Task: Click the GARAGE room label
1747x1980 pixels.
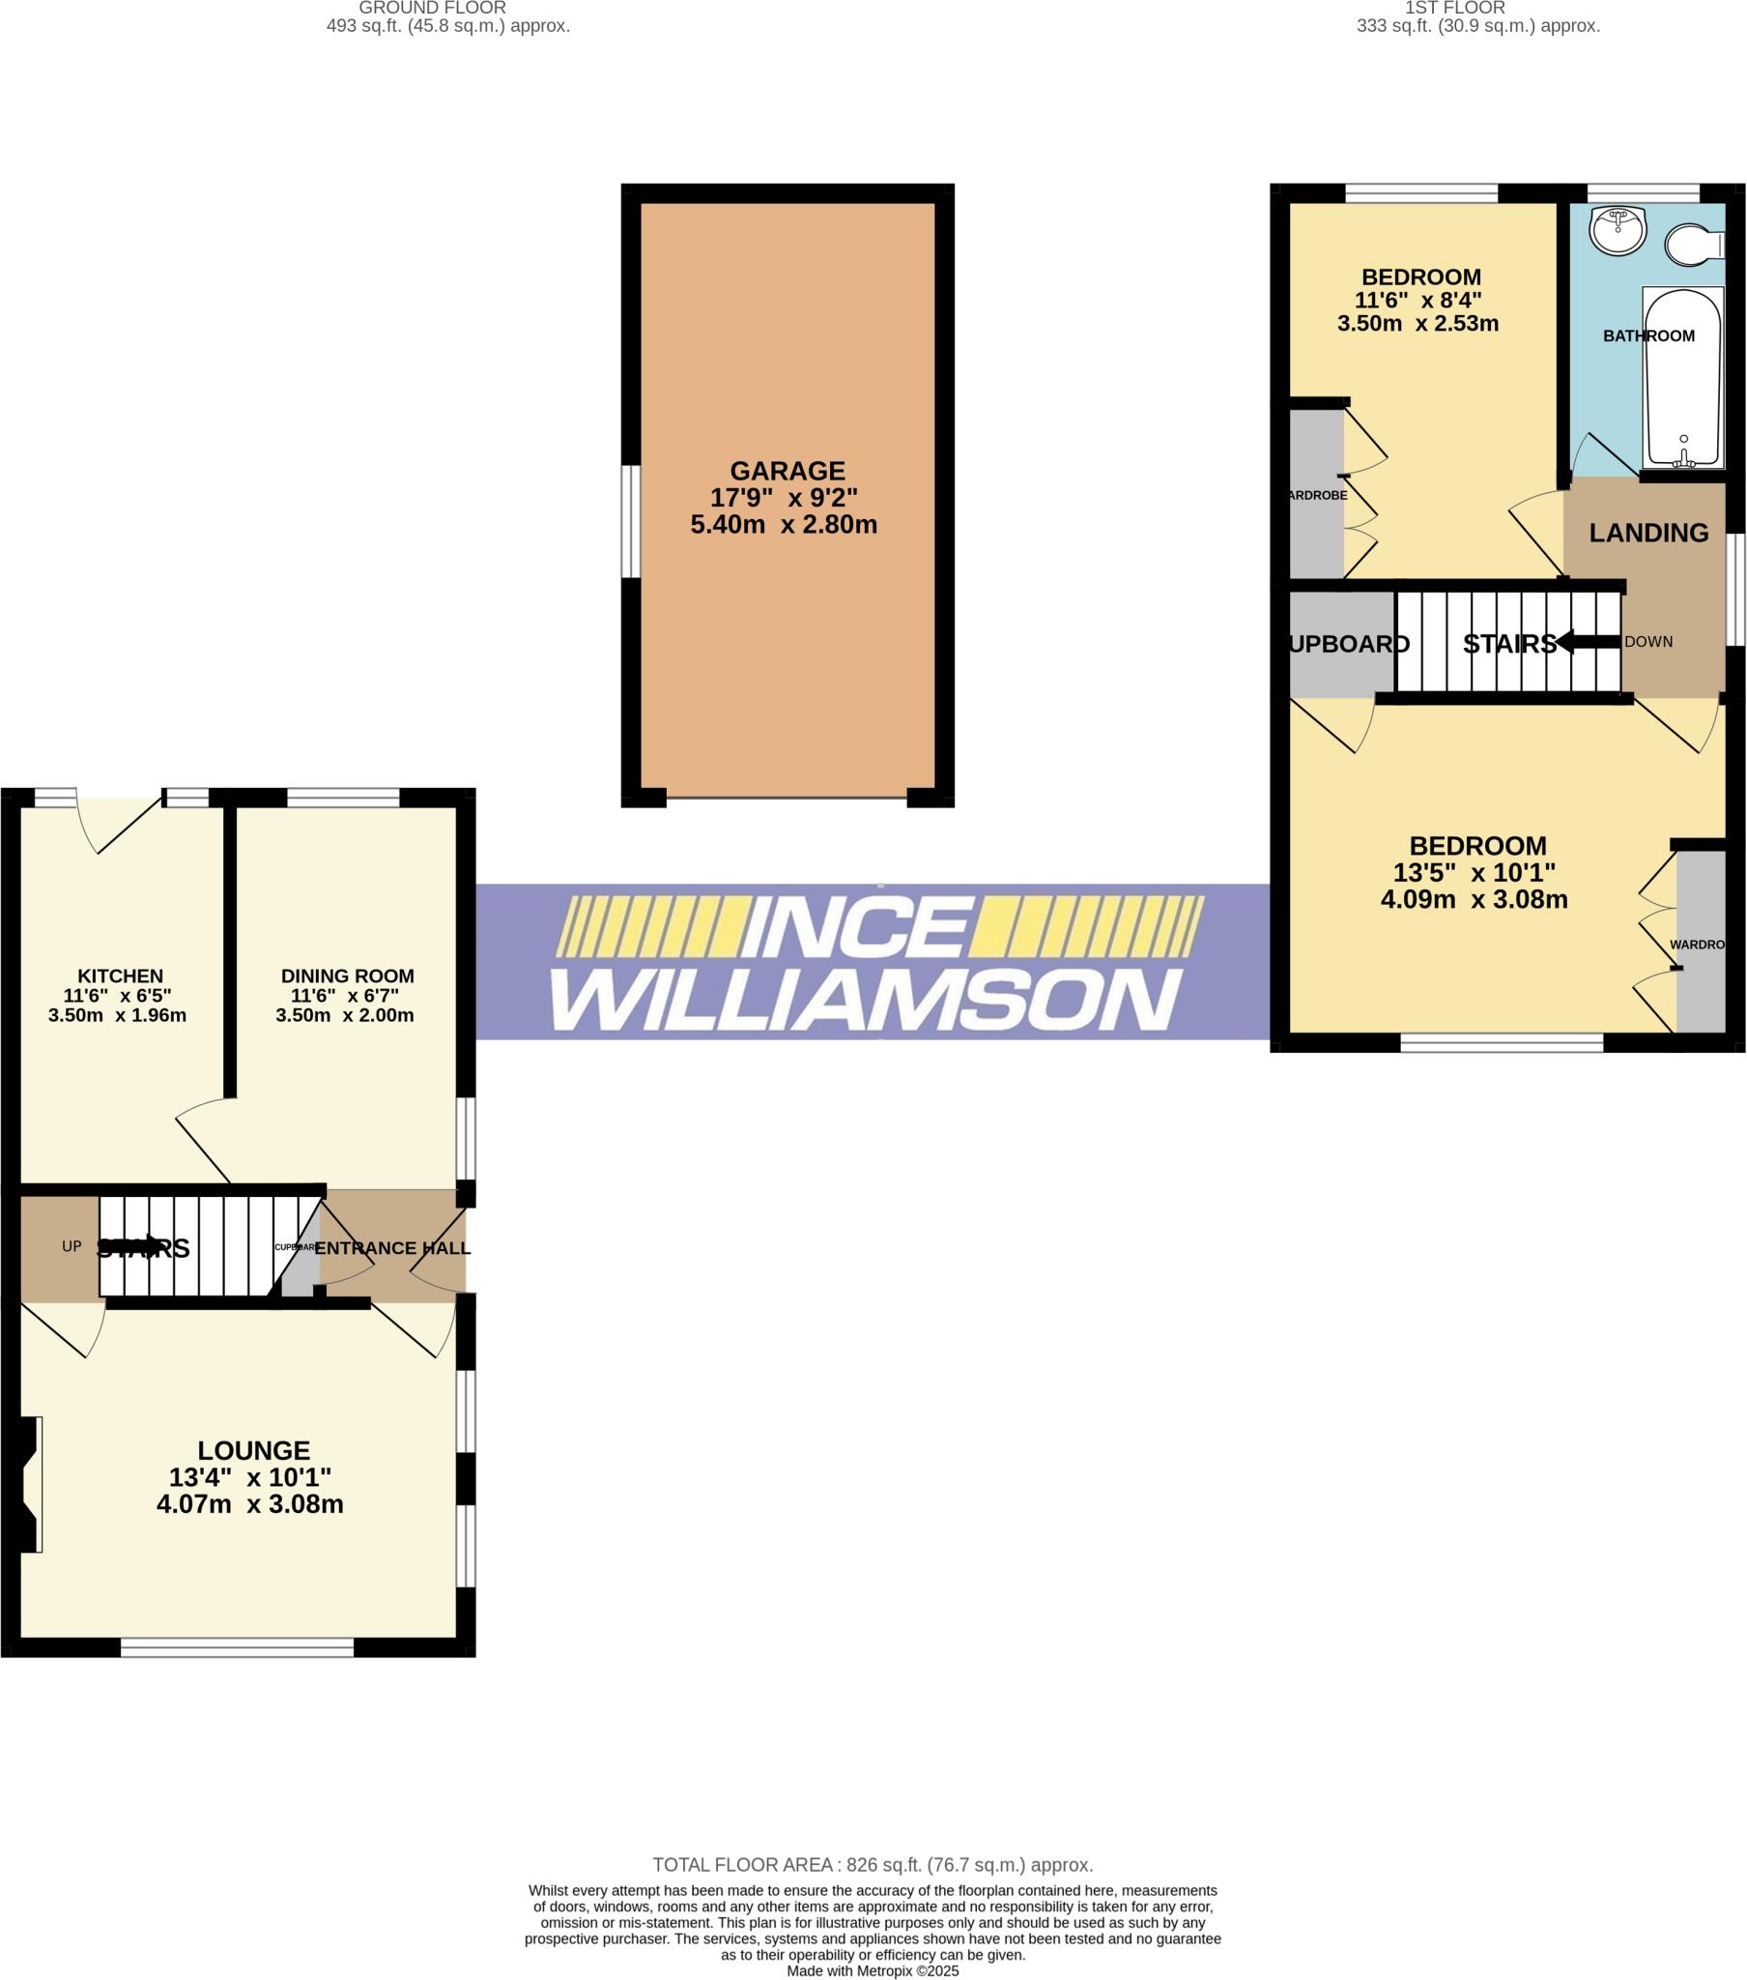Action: coord(787,472)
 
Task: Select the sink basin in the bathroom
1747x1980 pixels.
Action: coord(1618,230)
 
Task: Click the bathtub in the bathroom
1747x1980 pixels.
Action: coord(1683,378)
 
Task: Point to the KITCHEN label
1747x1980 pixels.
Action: coord(120,975)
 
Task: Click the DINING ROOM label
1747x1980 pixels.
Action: coord(347,975)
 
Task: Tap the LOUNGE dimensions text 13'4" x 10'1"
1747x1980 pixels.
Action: coord(250,1477)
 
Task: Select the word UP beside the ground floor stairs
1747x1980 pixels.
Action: coord(72,1246)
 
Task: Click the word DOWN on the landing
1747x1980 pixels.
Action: coord(1648,641)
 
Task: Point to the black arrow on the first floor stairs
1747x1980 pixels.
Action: coord(1589,641)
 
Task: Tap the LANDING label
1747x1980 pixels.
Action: coord(1648,533)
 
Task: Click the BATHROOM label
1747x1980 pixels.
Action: coord(1648,336)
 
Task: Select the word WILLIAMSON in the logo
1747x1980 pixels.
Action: coord(867,1000)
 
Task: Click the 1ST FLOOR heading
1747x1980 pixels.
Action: coord(1454,8)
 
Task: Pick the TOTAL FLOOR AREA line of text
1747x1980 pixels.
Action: coord(873,1865)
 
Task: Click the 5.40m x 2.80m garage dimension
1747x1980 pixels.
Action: coord(784,525)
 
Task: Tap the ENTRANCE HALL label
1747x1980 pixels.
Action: coord(392,1248)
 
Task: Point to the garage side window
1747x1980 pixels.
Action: coord(630,521)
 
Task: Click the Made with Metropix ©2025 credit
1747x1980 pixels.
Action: coord(873,1970)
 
